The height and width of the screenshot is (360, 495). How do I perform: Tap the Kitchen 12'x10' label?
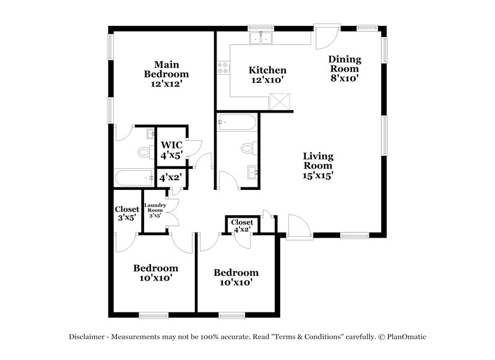[267, 75]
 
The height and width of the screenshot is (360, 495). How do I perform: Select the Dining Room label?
[345, 69]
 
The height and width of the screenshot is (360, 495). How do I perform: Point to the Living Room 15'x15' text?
[318, 165]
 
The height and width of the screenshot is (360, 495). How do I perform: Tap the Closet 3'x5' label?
[127, 213]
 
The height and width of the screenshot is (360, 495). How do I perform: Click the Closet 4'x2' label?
[242, 226]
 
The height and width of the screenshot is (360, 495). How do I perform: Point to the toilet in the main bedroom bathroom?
[145, 152]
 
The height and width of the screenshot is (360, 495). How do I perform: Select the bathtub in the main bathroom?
[134, 178]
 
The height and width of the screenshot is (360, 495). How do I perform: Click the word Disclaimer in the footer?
[87, 337]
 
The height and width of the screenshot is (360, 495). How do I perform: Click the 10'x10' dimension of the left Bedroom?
[155, 278]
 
